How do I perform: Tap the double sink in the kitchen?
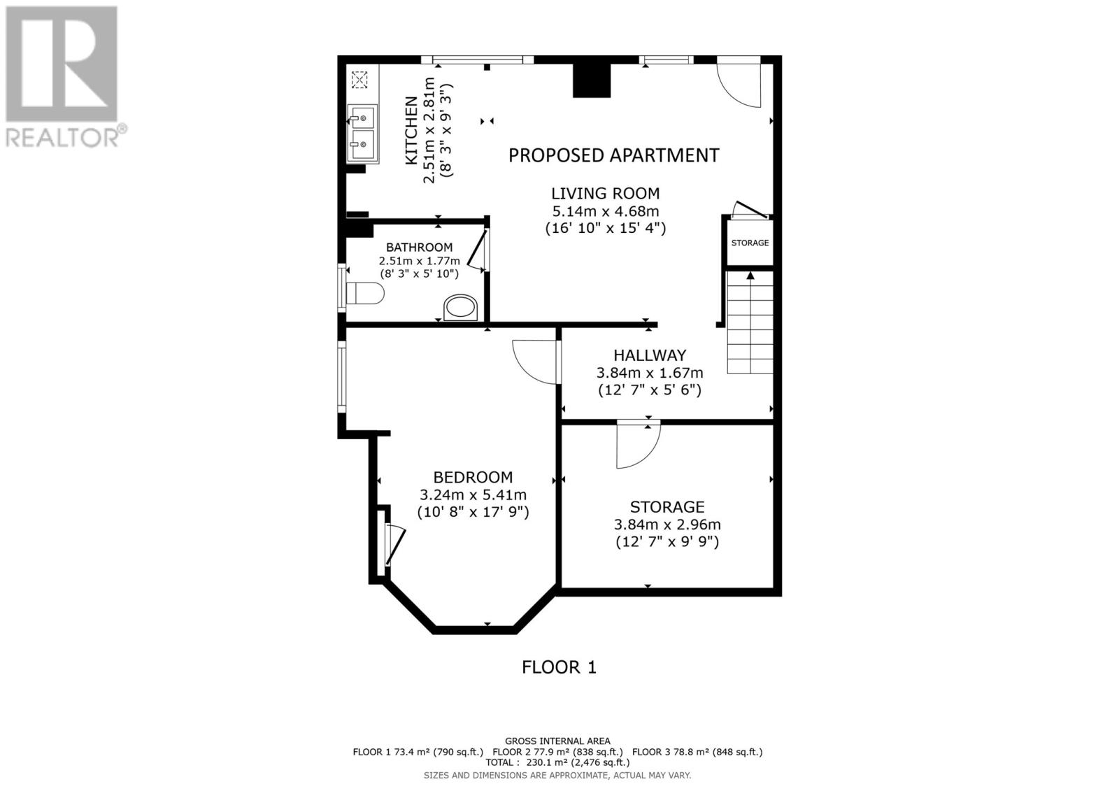click(x=364, y=133)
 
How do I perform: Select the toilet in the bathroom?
click(x=365, y=294)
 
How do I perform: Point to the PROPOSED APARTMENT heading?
click(x=613, y=155)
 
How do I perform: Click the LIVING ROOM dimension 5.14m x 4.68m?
click(x=606, y=211)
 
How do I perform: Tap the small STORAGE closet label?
click(x=750, y=243)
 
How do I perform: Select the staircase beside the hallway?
click(x=750, y=323)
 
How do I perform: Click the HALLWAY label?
click(x=650, y=355)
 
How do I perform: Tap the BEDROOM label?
click(x=473, y=478)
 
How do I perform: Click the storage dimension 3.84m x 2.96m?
click(x=667, y=525)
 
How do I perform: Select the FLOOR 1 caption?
click(x=559, y=667)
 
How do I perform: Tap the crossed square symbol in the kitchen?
click(x=359, y=79)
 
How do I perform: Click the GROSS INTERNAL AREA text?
click(x=557, y=741)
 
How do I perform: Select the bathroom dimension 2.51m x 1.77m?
click(x=420, y=261)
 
